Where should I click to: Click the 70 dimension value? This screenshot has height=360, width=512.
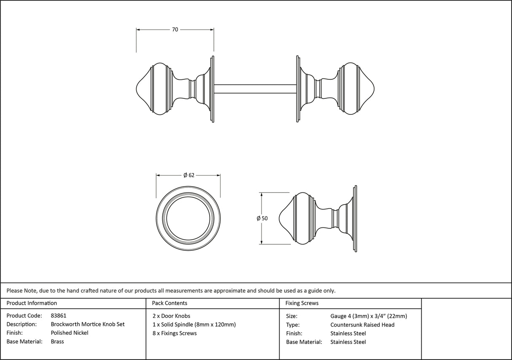point(175,30)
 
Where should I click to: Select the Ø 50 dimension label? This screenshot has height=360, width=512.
point(262,219)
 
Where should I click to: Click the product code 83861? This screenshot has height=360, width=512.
point(59,316)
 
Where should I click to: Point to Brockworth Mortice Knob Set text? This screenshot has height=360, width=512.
point(87,325)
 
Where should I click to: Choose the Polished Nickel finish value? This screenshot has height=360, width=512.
point(70,333)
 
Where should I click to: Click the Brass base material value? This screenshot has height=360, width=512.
point(57,342)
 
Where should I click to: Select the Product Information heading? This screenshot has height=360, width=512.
point(32,303)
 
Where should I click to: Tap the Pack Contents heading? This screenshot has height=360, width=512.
point(170,303)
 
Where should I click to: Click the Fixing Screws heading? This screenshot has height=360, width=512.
point(302,303)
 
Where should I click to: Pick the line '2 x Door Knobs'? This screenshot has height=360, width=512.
point(171,316)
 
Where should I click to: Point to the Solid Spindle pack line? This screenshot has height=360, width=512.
point(194,325)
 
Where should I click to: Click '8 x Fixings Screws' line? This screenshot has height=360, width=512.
point(175,333)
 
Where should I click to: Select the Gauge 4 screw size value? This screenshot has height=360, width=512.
point(369,316)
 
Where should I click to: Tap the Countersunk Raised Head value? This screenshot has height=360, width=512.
point(362,325)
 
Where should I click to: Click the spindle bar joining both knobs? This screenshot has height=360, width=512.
point(255,89)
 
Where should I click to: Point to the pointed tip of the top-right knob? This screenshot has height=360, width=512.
point(374,89)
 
